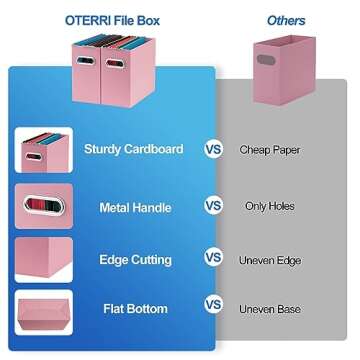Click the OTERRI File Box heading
[112, 19]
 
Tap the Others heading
[286, 19]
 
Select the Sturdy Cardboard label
[141, 149]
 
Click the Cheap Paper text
[270, 149]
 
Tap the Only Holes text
[269, 206]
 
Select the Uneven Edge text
[270, 258]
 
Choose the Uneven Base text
[270, 309]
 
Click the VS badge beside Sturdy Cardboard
[213, 149]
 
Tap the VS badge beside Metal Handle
[213, 206]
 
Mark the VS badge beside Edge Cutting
[213, 257]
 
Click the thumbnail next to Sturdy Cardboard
[43, 150]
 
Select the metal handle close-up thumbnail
[43, 207]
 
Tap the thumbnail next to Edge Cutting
[43, 258]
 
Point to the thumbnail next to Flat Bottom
[43, 311]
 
